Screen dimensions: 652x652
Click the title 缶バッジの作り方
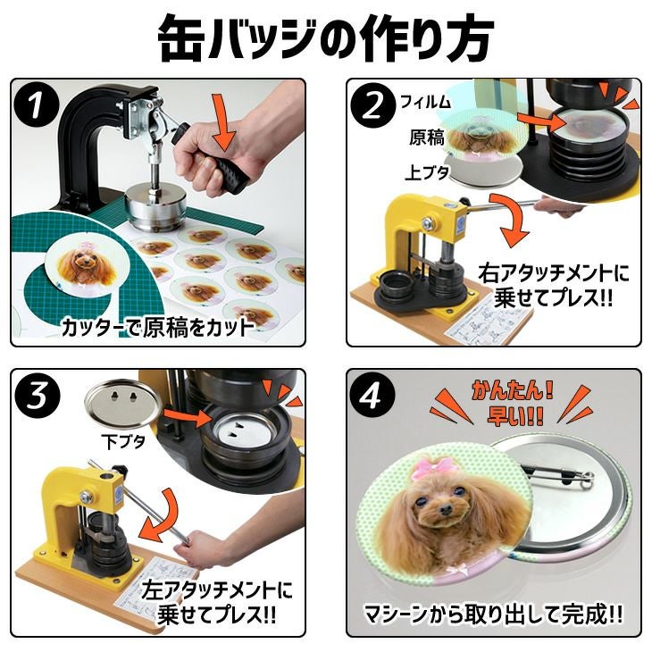pyautogui.click(x=325, y=38)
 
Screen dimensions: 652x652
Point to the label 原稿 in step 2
pyautogui.click(x=426, y=138)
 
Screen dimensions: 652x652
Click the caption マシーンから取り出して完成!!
pyautogui.click(x=493, y=614)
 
